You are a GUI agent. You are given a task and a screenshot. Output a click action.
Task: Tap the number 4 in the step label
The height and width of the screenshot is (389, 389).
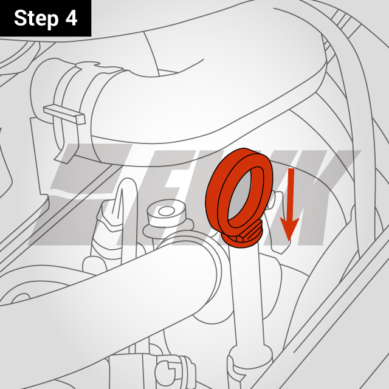[x=71, y=18]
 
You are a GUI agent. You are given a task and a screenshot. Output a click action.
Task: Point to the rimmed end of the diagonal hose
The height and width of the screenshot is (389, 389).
[x=210, y=280]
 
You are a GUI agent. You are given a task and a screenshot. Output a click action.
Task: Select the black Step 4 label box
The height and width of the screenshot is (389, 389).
[x=46, y=18]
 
